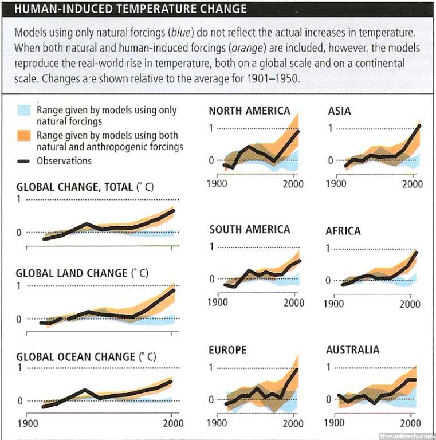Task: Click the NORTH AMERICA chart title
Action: tap(249, 111)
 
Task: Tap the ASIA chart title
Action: tap(340, 110)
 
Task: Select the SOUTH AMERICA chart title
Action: tap(250, 230)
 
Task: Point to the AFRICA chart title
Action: tap(343, 231)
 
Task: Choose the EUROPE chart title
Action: tap(228, 350)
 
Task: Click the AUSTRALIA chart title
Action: tap(352, 349)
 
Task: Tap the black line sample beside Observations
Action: tap(23, 162)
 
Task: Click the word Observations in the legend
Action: tap(64, 161)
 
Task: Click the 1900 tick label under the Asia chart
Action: tap(336, 184)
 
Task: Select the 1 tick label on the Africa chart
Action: tap(328, 249)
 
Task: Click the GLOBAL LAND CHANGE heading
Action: tap(72, 273)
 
